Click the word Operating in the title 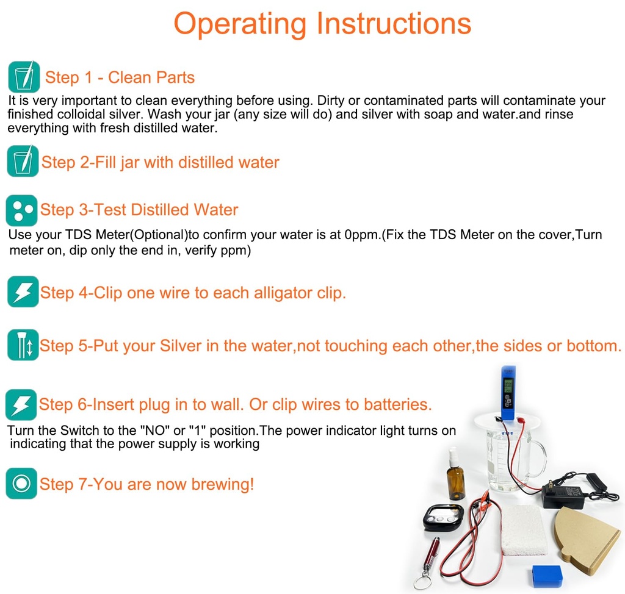(x=240, y=24)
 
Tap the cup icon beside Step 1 (x=24, y=76)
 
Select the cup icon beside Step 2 (x=23, y=161)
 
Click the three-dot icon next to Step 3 (x=21, y=210)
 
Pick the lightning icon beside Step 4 (x=23, y=292)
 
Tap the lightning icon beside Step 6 (x=21, y=404)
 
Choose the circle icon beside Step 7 (x=21, y=483)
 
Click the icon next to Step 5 (x=23, y=345)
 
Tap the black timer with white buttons (x=443, y=517)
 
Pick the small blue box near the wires (x=547, y=576)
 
